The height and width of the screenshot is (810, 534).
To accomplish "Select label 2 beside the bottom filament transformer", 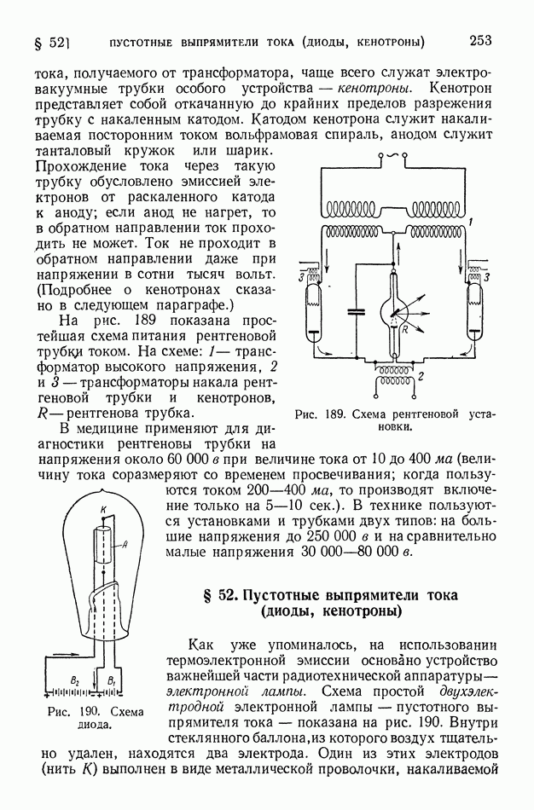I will pyautogui.click(x=421, y=375).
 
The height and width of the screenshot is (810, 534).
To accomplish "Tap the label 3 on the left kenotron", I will pyautogui.click(x=301, y=277).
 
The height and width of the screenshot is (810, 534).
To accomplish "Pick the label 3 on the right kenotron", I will pyautogui.click(x=486, y=277).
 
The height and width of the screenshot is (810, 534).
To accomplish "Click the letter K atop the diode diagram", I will pyautogui.click(x=102, y=509).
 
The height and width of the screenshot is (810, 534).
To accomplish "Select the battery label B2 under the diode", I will pyautogui.click(x=74, y=680).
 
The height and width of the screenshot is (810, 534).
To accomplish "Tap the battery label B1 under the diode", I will pyautogui.click(x=110, y=680).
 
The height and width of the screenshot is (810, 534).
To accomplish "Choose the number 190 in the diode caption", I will pyautogui.click(x=87, y=710).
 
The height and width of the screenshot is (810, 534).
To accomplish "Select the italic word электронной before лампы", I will pyautogui.click(x=210, y=691).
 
